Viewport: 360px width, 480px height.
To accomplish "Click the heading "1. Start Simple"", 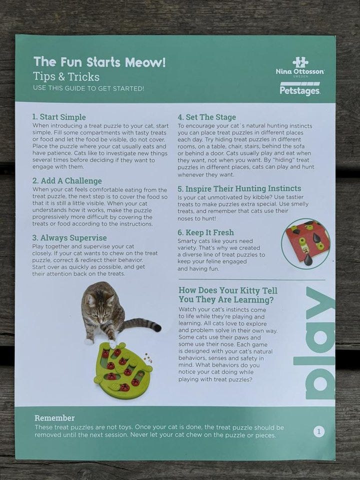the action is pos(59,117).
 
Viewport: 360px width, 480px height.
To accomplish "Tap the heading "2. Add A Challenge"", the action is pos(67,180).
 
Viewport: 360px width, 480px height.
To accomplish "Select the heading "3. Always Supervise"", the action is pos(69,238).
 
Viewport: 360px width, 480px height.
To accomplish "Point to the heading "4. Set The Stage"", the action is pos(207,117).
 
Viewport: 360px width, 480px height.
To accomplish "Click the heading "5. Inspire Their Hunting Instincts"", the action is pos(239,188).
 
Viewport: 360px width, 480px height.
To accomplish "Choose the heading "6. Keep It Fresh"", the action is pos(205,232).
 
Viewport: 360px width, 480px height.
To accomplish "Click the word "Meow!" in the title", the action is pos(145,62).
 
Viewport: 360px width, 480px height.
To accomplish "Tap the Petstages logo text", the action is pos(300,90).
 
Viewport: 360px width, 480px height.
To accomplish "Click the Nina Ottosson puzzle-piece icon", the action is pos(300,62).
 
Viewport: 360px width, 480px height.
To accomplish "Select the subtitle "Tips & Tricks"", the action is pos(66,76).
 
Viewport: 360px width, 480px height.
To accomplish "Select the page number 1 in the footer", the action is pos(318,431).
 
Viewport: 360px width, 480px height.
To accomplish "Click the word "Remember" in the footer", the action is pos(54,418).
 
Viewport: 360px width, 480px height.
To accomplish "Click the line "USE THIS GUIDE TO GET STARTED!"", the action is pos(88,88).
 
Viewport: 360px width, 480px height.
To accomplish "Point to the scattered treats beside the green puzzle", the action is pos(148,358).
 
